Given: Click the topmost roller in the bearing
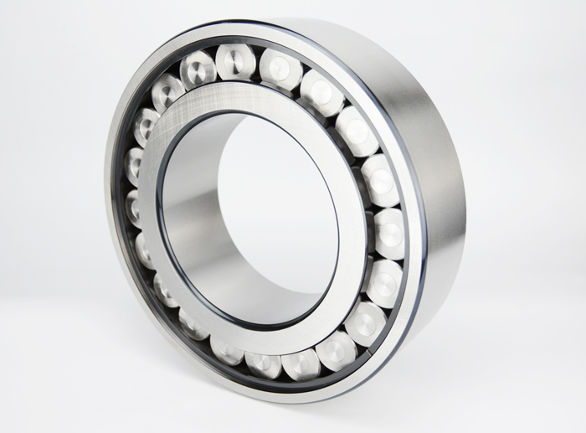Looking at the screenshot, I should (236, 61).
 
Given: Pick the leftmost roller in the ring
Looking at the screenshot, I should (134, 206).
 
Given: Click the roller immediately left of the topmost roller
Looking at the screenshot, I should (198, 69).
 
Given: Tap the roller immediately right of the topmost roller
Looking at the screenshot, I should (280, 69).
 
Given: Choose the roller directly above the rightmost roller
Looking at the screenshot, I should (380, 180).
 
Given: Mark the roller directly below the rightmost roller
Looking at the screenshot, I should (384, 283).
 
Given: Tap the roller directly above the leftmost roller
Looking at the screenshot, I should (135, 165).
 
